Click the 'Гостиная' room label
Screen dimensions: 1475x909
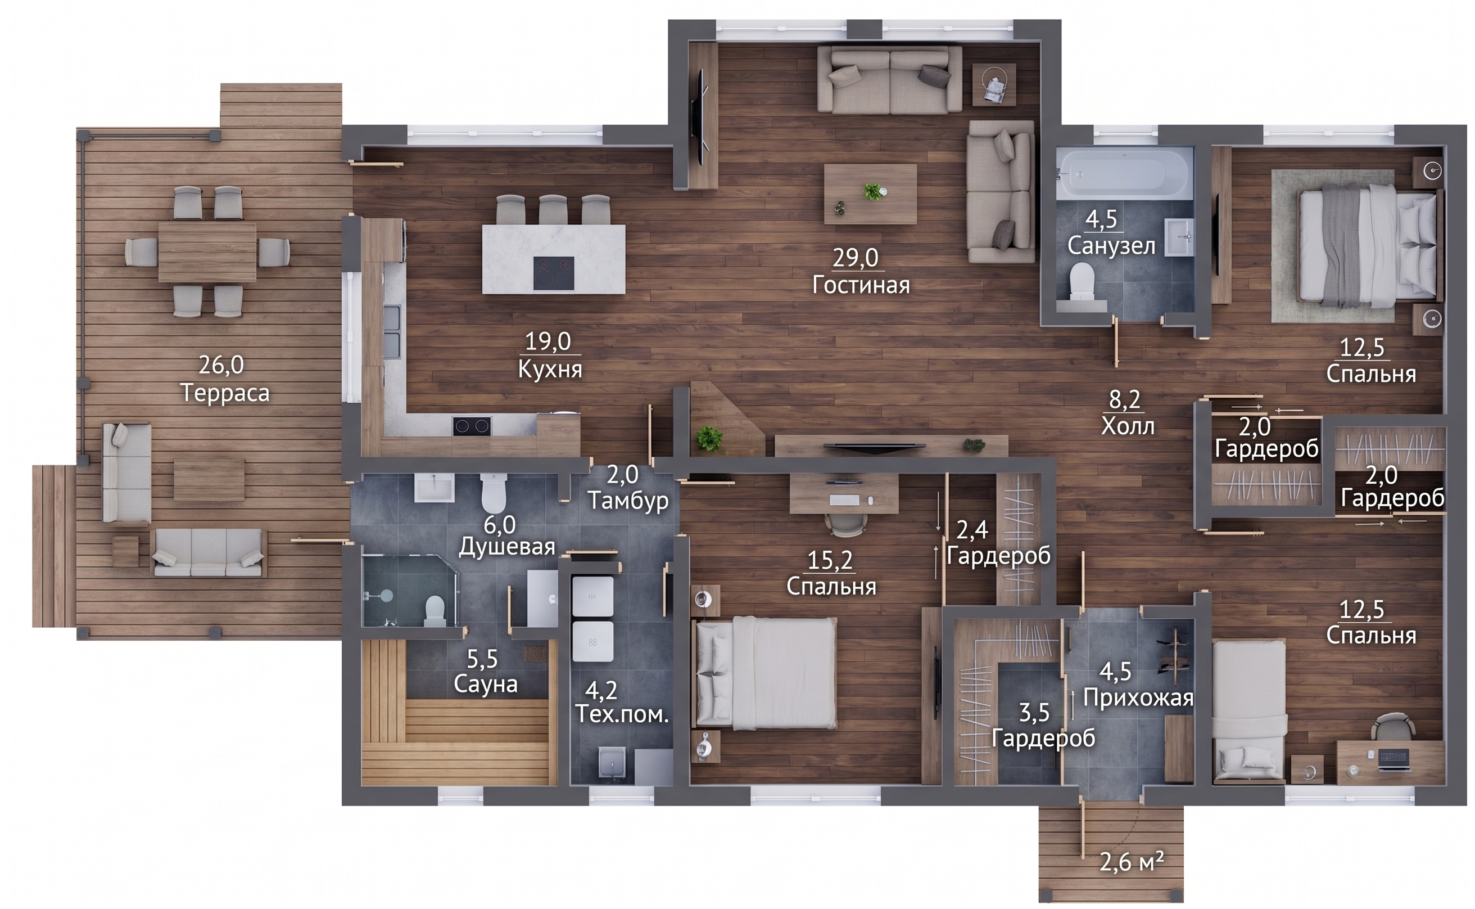(x=861, y=285)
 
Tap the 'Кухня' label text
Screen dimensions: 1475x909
(x=550, y=369)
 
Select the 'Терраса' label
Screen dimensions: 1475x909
(x=225, y=393)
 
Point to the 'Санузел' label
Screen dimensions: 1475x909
(x=1111, y=246)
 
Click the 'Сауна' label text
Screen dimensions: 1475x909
(x=486, y=684)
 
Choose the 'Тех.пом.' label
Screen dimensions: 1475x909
(x=622, y=714)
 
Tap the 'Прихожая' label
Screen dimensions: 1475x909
(x=1138, y=698)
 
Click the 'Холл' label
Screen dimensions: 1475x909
(x=1128, y=426)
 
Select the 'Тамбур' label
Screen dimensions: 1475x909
(x=628, y=500)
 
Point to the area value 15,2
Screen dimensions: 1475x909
(x=830, y=560)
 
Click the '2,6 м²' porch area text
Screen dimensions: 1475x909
(x=1132, y=862)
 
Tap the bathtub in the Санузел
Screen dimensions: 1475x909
(x=1125, y=173)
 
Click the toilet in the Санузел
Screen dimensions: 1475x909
(x=1082, y=281)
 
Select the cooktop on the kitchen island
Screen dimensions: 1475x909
(x=553, y=273)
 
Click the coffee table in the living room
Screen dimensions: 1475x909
(x=870, y=193)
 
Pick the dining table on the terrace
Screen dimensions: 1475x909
(x=207, y=252)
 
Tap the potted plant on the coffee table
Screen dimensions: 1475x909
(x=873, y=192)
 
